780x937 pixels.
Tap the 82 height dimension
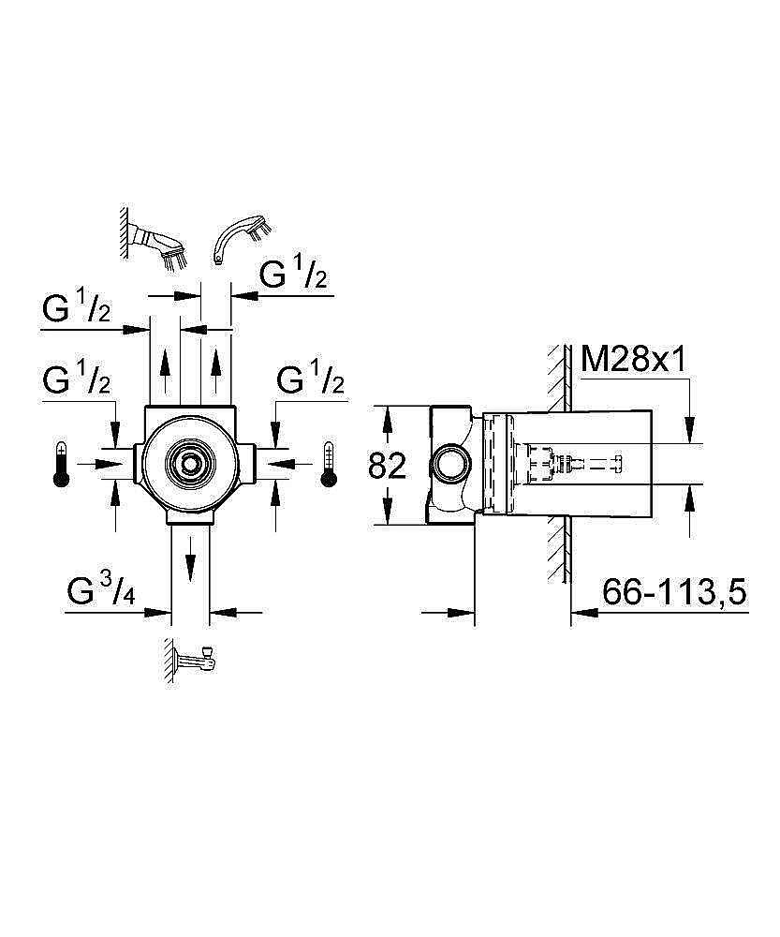pos(386,465)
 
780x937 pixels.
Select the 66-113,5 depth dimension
pos(673,592)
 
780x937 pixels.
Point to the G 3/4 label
pos(104,592)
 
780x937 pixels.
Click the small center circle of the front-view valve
pos(190,463)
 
